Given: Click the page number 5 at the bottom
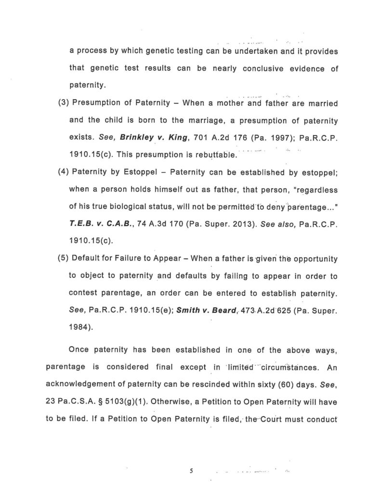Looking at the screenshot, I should pos(191,471).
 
